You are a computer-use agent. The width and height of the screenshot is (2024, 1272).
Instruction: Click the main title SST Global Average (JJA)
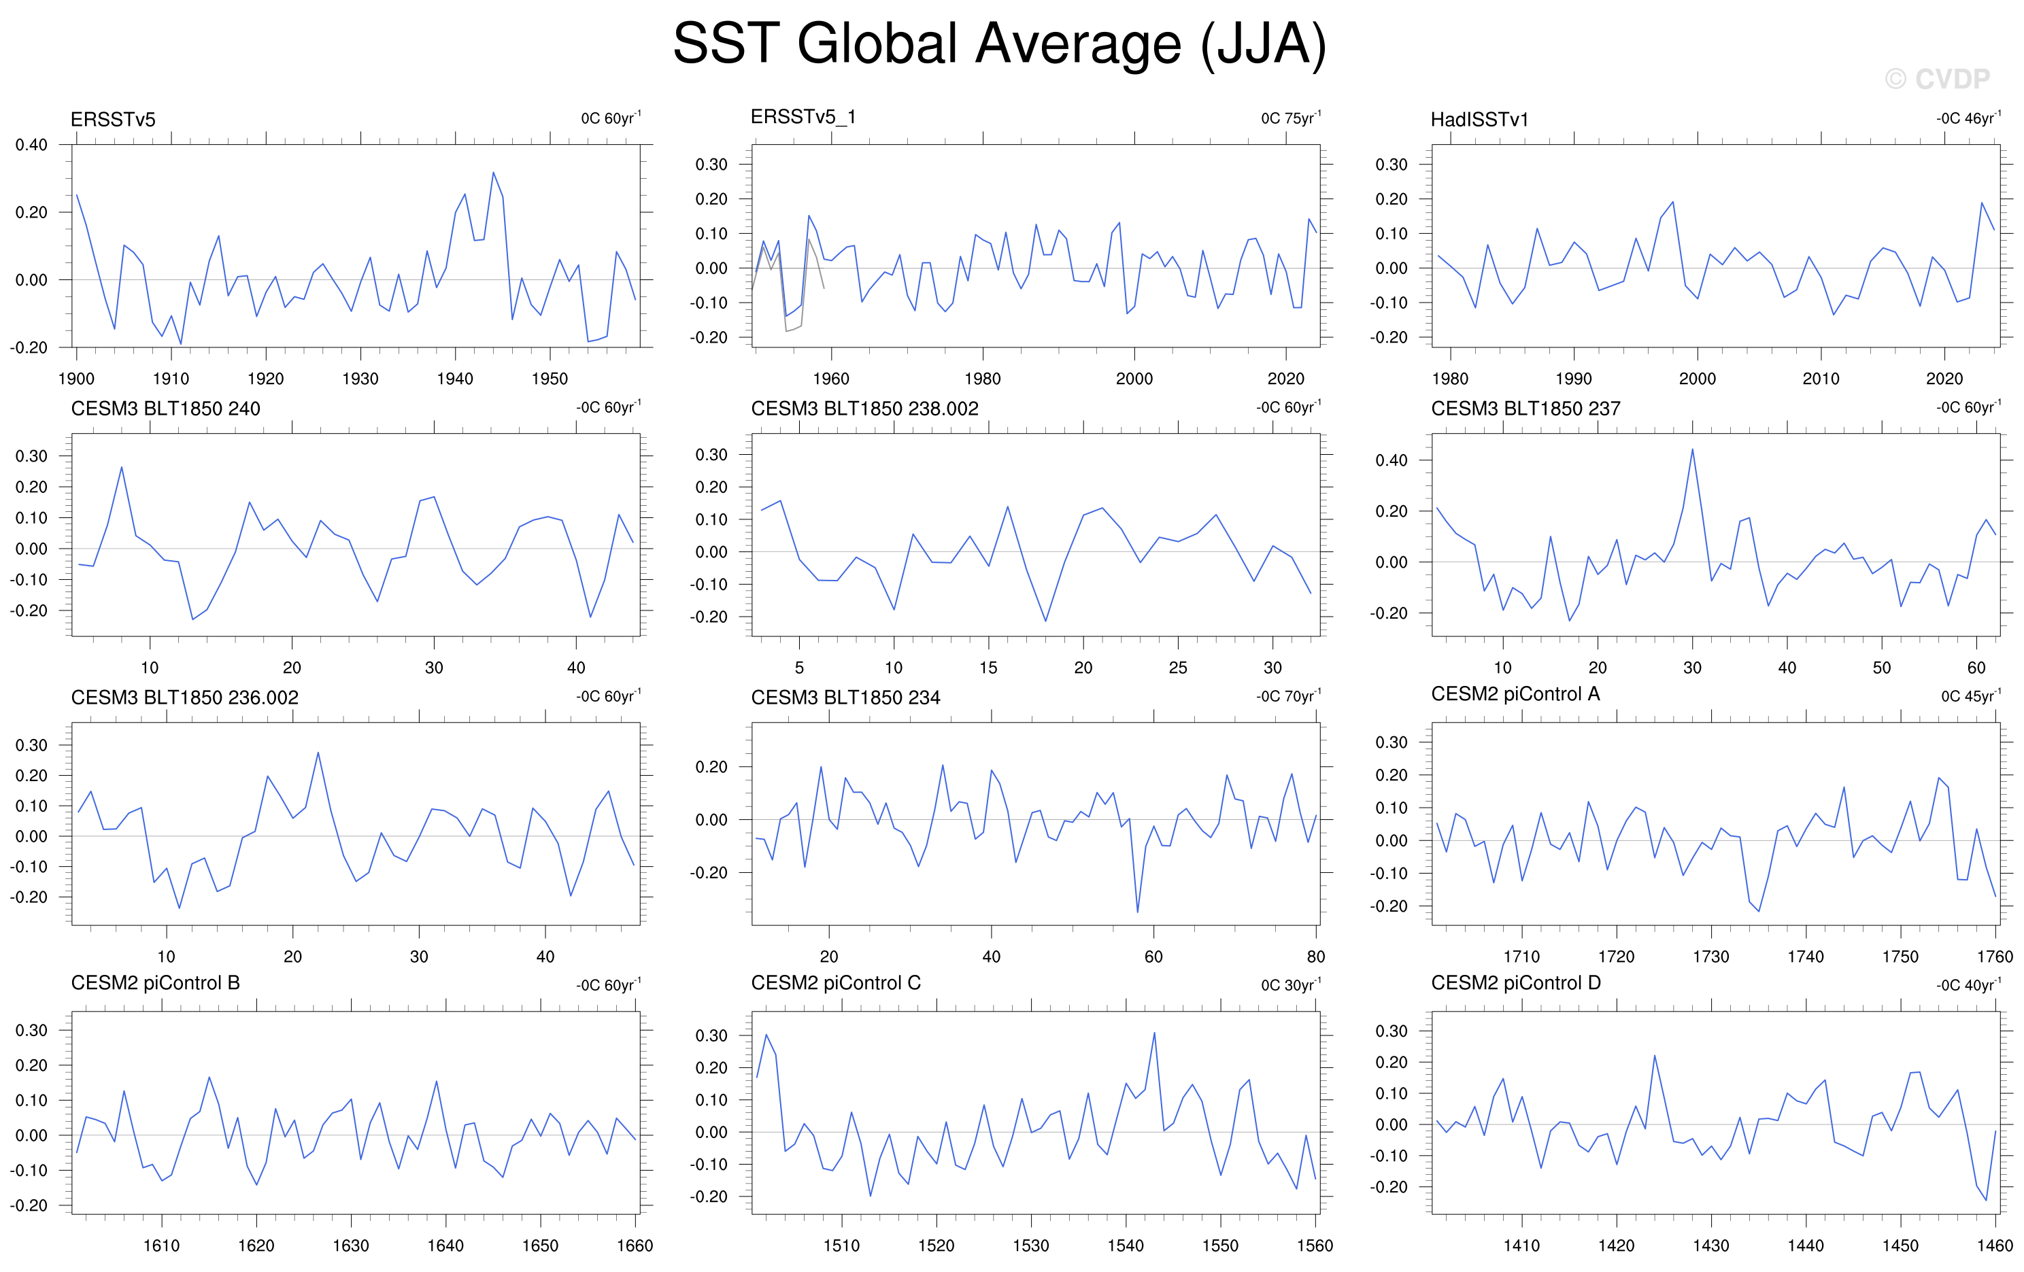pyautogui.click(x=999, y=44)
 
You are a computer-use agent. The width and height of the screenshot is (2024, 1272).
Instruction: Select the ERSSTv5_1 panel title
pyautogui.click(x=803, y=117)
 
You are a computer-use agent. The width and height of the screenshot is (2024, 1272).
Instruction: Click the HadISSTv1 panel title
pyautogui.click(x=1479, y=119)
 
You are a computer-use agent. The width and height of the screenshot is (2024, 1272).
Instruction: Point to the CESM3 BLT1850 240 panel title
pyautogui.click(x=165, y=409)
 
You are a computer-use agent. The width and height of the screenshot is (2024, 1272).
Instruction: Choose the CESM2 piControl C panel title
pyautogui.click(x=835, y=983)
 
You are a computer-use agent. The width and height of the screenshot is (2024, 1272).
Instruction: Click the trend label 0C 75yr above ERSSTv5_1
pyautogui.click(x=1290, y=118)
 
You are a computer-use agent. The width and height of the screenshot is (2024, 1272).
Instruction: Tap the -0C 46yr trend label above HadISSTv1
pyautogui.click(x=1968, y=118)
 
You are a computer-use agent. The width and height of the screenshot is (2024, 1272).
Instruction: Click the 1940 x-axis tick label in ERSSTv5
pyautogui.click(x=455, y=379)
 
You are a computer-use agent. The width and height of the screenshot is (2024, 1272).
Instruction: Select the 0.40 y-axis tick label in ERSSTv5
pyautogui.click(x=31, y=145)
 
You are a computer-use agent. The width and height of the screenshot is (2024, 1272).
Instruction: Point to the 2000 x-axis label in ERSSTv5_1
pyautogui.click(x=1134, y=379)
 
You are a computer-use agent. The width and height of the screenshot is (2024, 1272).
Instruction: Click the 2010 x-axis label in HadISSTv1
pyautogui.click(x=1821, y=379)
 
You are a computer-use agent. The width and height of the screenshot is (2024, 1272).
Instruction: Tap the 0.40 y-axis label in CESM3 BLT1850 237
pyautogui.click(x=1391, y=460)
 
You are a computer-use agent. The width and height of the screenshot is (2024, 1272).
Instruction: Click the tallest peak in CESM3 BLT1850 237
pyautogui.click(x=1692, y=449)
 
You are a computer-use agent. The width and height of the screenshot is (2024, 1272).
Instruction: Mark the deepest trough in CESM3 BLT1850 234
pyautogui.click(x=1137, y=912)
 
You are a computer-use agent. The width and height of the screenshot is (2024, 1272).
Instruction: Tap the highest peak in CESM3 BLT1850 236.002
pyautogui.click(x=318, y=752)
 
